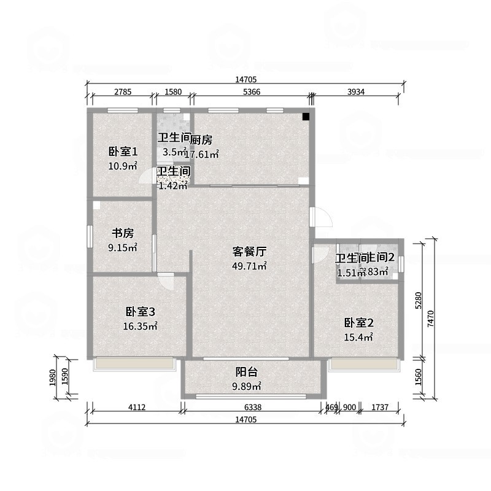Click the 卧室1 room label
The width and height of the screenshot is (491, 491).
(x=123, y=152)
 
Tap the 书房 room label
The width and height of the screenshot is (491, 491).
(x=122, y=233)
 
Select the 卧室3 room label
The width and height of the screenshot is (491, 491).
(x=140, y=312)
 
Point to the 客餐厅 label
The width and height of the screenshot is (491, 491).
(x=249, y=252)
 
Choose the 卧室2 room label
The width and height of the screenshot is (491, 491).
(x=359, y=323)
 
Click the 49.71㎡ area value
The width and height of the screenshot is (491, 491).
(x=249, y=266)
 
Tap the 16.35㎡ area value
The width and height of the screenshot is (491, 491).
(x=140, y=327)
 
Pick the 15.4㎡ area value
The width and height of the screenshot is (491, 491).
(x=359, y=337)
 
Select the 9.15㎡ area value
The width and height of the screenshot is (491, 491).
(x=122, y=247)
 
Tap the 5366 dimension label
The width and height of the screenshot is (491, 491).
(x=252, y=92)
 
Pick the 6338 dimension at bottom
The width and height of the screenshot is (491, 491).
(x=252, y=407)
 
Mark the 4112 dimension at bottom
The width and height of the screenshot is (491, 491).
(x=136, y=407)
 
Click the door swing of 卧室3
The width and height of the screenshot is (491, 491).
(x=166, y=280)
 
